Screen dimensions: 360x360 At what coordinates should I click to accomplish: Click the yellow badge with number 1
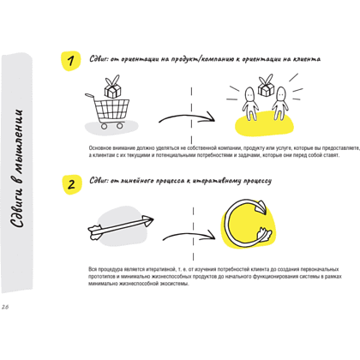(x=70, y=61)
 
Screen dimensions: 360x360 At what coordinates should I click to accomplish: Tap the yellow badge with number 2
(x=72, y=184)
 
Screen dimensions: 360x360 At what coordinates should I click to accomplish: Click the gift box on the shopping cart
(x=112, y=87)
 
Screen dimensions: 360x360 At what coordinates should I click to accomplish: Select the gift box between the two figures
(x=266, y=86)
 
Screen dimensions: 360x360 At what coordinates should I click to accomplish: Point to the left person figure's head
(x=249, y=93)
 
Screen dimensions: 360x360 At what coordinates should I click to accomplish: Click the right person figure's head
(x=281, y=94)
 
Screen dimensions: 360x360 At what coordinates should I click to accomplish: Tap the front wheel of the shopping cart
(x=120, y=125)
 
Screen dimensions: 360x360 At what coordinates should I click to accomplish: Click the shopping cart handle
(x=89, y=95)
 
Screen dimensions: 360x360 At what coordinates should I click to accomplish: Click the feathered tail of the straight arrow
(x=95, y=231)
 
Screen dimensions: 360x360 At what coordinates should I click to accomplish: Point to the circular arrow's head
(x=261, y=207)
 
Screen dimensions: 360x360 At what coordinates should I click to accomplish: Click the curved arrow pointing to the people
(x=187, y=117)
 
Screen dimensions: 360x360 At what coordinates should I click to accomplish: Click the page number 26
(x=5, y=307)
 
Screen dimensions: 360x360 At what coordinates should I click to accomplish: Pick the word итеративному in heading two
(x=217, y=181)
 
